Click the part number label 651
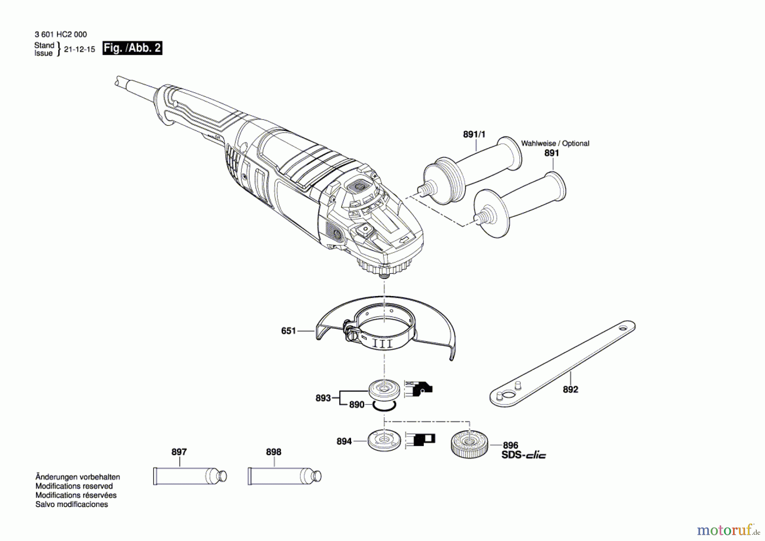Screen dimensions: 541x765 [x=288, y=331]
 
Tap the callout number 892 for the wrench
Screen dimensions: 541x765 [x=570, y=390]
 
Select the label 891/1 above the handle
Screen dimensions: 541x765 [x=474, y=134]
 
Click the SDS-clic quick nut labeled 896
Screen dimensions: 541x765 [x=469, y=445]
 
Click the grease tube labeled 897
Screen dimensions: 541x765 [x=190, y=476]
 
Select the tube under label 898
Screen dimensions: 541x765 [x=284, y=476]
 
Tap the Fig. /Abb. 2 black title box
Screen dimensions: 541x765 [x=132, y=48]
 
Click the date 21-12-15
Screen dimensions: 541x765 [x=79, y=49]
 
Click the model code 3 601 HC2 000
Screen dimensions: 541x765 [x=61, y=34]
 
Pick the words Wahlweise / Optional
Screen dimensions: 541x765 [x=555, y=143]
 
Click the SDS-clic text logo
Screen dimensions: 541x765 [x=524, y=455]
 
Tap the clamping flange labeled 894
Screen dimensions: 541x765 [x=384, y=441]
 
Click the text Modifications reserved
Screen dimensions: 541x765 [x=74, y=486]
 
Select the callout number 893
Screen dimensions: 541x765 [x=323, y=398]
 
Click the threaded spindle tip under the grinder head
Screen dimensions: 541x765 [x=384, y=274]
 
